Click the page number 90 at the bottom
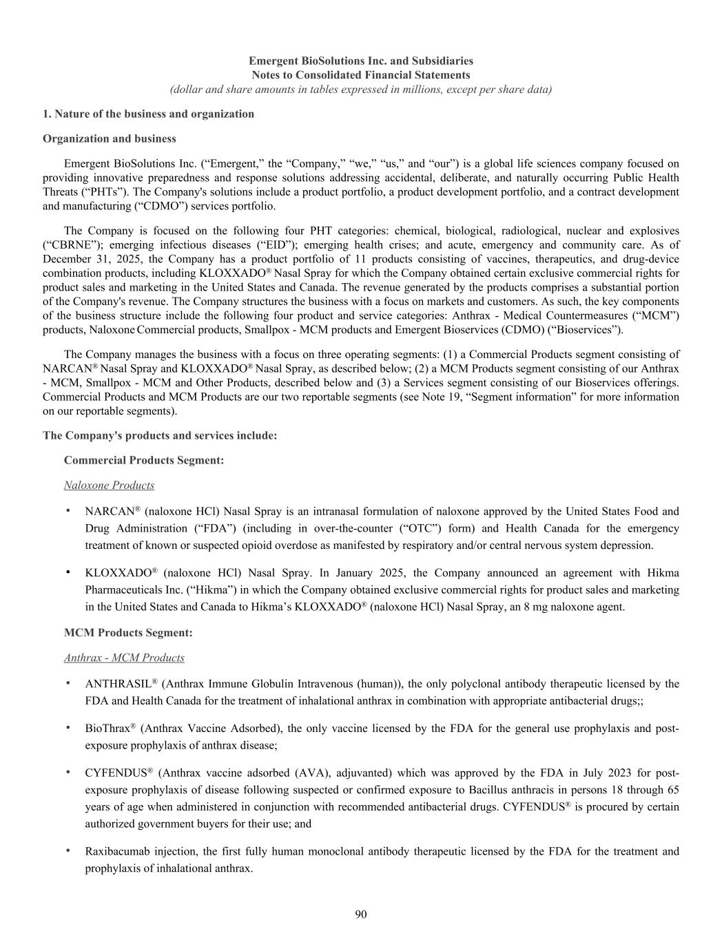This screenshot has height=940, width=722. tap(361, 914)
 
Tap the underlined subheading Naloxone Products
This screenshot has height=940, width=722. tap(109, 485)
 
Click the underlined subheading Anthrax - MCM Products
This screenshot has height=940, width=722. tap(124, 658)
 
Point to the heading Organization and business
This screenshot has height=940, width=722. tap(109, 138)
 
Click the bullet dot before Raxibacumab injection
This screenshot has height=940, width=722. tap(68, 850)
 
